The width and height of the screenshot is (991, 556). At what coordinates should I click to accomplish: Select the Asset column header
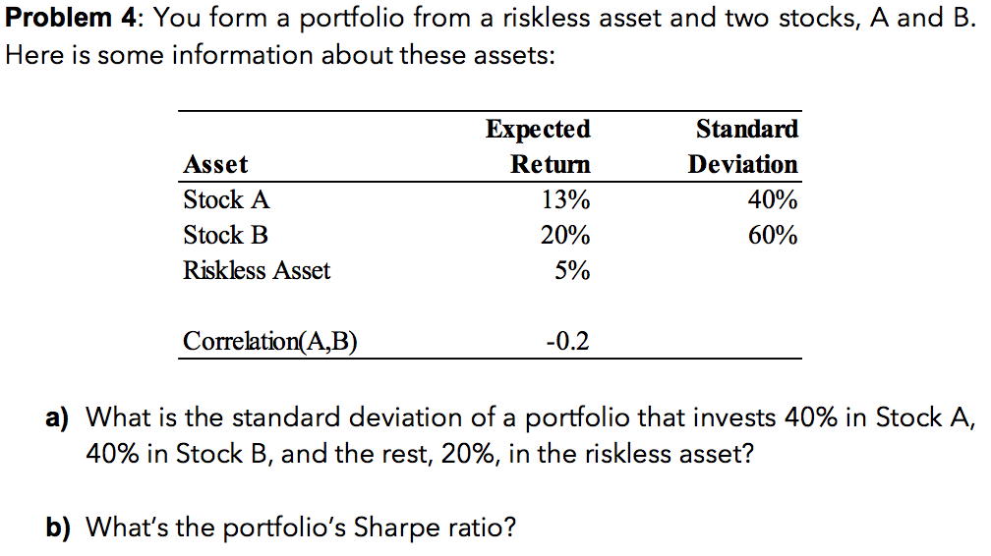pyautogui.click(x=215, y=164)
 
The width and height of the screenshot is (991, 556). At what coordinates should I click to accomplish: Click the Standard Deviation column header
pyautogui.click(x=743, y=146)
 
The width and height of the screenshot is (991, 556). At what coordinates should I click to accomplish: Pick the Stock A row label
pyautogui.click(x=225, y=200)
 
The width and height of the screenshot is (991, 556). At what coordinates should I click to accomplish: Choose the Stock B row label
pyautogui.click(x=225, y=236)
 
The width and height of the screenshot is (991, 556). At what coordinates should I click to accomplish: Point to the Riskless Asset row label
pyautogui.click(x=257, y=271)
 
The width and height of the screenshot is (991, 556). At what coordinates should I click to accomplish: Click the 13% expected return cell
pyautogui.click(x=565, y=200)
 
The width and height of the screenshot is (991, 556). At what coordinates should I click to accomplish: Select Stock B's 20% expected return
pyautogui.click(x=565, y=236)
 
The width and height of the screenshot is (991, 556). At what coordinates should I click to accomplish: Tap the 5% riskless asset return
pyautogui.click(x=571, y=271)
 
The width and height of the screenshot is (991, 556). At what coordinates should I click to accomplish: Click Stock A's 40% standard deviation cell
pyautogui.click(x=772, y=200)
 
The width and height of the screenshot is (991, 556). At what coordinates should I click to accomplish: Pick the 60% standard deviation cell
pyautogui.click(x=772, y=236)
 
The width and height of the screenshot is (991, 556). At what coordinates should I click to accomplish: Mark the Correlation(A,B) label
pyautogui.click(x=270, y=342)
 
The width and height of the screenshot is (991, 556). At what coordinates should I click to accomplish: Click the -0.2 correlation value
pyautogui.click(x=567, y=342)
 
